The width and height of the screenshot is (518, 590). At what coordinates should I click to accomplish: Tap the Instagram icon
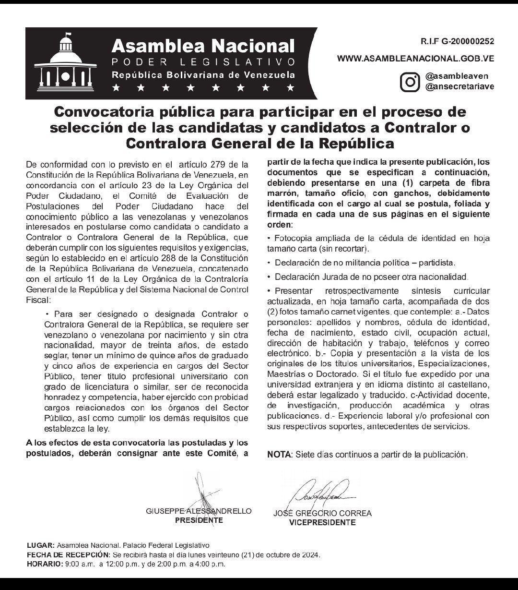click(410, 81)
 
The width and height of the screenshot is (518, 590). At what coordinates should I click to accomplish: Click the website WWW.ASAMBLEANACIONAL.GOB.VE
click(415, 59)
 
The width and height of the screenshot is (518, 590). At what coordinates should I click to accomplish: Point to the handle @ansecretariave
click(459, 86)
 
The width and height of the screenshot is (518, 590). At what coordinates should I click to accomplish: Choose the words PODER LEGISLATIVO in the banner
click(203, 62)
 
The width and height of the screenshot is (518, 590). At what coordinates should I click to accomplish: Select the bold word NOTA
click(279, 454)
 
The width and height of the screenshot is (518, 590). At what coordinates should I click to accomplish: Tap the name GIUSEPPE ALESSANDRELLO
click(199, 512)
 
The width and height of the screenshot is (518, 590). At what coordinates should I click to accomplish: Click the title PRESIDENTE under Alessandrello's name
click(199, 520)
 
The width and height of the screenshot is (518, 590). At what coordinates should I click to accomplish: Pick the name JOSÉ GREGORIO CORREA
click(322, 513)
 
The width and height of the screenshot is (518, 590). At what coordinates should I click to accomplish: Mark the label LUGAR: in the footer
click(41, 546)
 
